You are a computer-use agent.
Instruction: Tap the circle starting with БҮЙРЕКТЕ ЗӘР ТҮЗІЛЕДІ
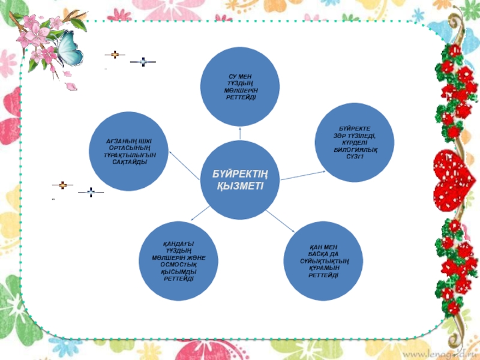tap(354, 142)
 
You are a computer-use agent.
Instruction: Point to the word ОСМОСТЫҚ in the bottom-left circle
tap(179, 265)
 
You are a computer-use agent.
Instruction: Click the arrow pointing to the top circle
tap(240, 133)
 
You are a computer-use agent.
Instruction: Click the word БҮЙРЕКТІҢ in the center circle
tap(240, 173)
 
